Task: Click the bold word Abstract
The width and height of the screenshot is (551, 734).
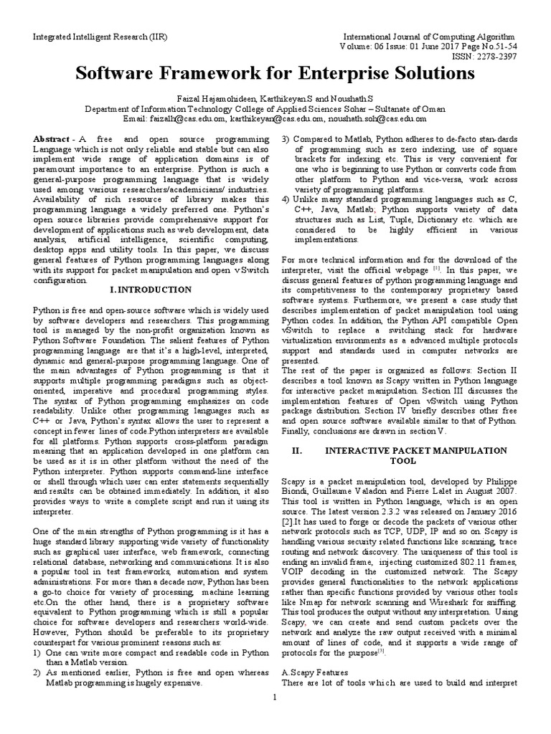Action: pos(53,138)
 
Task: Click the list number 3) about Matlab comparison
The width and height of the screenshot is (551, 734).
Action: pos(286,138)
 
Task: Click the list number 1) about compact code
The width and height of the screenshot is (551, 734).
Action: pos(39,654)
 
